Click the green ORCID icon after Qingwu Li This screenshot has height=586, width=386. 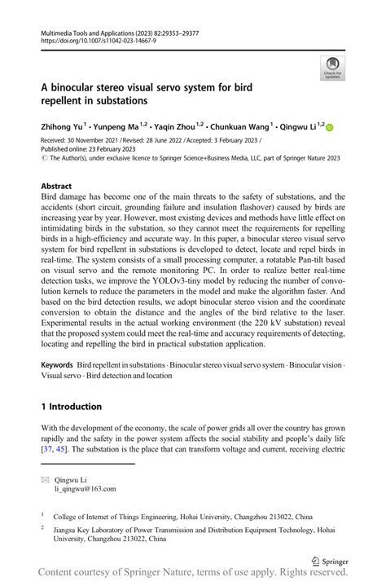click(x=330, y=127)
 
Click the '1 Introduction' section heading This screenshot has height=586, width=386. click(x=72, y=406)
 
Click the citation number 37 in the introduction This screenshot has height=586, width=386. click(x=47, y=449)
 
